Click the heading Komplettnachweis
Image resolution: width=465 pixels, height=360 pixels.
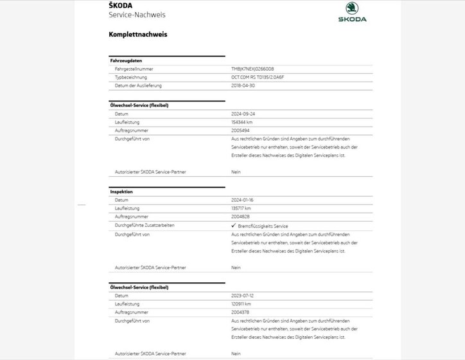[x=138, y=34]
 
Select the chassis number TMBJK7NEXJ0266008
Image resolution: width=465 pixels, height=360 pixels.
[x=252, y=69]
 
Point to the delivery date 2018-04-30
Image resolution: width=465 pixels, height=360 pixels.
[x=243, y=85]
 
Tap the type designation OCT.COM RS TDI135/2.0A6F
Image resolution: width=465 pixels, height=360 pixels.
[x=256, y=77]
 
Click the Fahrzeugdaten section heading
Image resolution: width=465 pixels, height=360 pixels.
[x=126, y=60]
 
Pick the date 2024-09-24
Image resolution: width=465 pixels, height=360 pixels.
[x=243, y=114]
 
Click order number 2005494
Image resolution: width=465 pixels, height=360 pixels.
[x=241, y=130]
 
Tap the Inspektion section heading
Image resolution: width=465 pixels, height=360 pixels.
[x=122, y=192]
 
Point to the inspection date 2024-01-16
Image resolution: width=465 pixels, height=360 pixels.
[x=243, y=201]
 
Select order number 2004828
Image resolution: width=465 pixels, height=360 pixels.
[x=241, y=217]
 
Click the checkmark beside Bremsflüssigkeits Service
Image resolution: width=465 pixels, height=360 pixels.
[x=233, y=226]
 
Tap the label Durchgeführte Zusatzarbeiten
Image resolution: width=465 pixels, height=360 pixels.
[x=145, y=226]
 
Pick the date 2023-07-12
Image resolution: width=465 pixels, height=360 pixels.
[x=243, y=296]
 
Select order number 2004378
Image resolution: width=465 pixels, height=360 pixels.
[x=241, y=312]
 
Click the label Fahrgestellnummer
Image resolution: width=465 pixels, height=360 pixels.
[x=134, y=69]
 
